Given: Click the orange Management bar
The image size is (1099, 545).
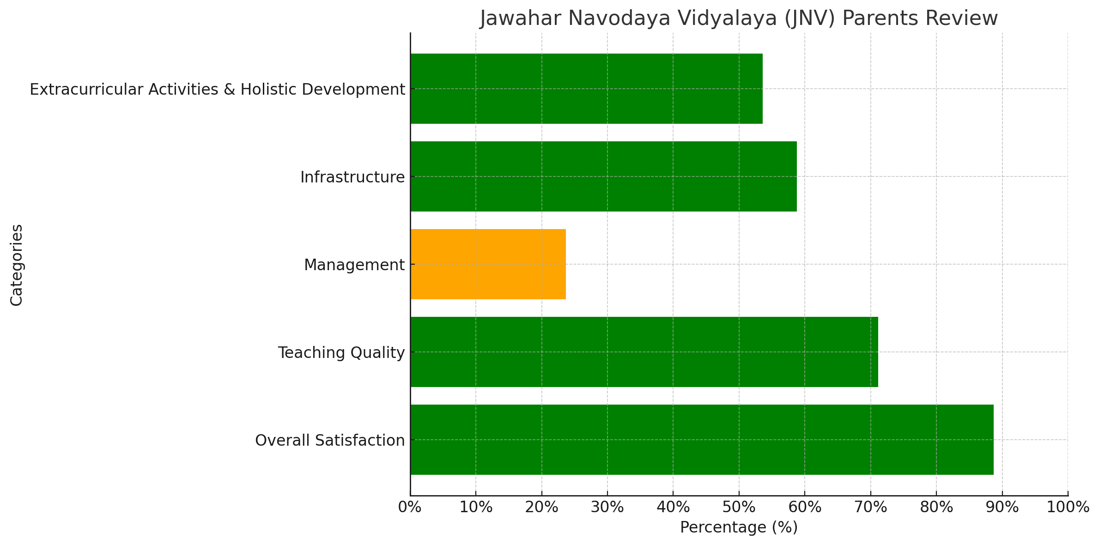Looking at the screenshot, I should [x=488, y=264].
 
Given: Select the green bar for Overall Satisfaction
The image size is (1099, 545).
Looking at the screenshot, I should [x=702, y=440].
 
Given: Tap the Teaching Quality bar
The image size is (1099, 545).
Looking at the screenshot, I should [x=644, y=352].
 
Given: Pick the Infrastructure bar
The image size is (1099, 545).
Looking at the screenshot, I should [x=603, y=176].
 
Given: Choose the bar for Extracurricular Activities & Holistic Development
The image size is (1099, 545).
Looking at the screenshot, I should [x=586, y=89].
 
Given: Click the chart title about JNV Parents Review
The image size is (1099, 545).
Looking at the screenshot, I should [x=739, y=18].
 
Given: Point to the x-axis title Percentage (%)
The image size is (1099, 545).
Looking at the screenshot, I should [x=739, y=527].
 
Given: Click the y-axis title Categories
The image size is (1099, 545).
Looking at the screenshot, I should [x=17, y=265].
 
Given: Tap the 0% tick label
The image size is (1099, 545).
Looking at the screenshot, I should [x=410, y=507].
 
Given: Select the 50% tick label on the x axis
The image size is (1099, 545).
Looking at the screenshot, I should [x=739, y=507].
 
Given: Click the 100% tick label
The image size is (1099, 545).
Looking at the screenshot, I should [x=1068, y=507].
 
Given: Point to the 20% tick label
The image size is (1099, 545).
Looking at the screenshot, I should [x=541, y=507].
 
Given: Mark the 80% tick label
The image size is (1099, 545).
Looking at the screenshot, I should [x=936, y=507].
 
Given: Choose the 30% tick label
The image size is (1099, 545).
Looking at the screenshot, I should [x=607, y=507].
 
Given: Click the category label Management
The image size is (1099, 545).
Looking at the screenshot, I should [x=354, y=265].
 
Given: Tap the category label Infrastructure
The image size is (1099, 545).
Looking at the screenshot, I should [x=352, y=177].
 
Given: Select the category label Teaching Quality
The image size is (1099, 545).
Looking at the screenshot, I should [x=341, y=353].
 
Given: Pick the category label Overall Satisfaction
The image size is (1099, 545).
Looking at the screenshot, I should [x=330, y=441].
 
